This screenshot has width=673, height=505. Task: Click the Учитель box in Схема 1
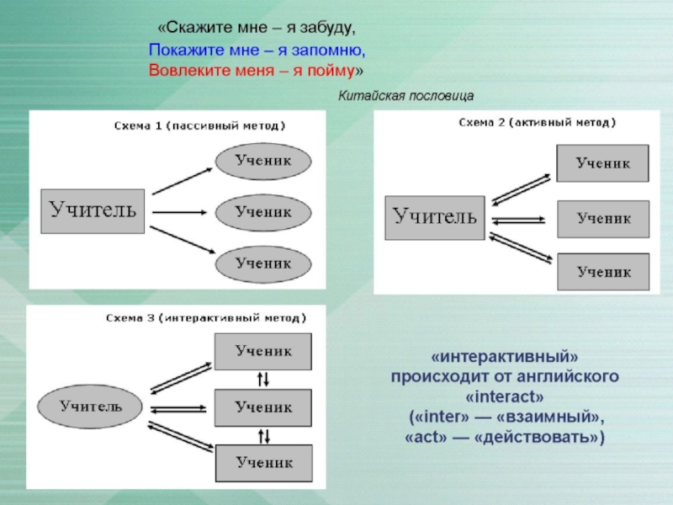(93, 211)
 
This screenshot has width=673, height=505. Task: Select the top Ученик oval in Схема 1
(263, 160)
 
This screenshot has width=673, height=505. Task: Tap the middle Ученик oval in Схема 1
(263, 212)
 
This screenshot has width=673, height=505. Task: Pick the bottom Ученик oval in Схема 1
(263, 263)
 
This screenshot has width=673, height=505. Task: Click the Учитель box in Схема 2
(435, 217)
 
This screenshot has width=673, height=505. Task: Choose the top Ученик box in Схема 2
(602, 163)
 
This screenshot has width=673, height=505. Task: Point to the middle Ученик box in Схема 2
(602, 218)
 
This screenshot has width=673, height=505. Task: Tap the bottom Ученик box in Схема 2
(602, 271)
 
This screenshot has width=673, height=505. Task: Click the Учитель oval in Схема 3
(91, 406)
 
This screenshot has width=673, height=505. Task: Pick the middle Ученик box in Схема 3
(263, 407)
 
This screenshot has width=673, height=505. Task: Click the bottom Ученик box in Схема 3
(263, 461)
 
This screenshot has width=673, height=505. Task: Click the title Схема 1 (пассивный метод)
(200, 126)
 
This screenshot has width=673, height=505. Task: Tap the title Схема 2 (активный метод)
(537, 122)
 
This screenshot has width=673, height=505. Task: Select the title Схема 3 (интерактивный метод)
(205, 318)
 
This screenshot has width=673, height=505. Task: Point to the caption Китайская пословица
(407, 96)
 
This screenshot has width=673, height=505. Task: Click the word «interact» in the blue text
(505, 395)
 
